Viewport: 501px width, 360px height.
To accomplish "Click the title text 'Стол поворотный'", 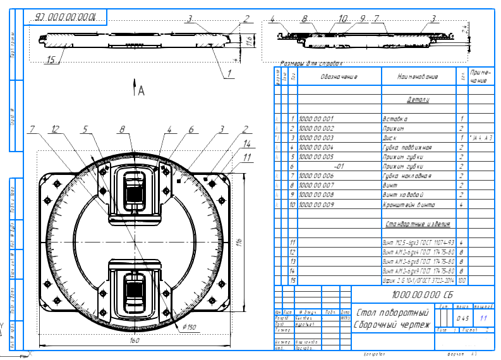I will pos(392,313).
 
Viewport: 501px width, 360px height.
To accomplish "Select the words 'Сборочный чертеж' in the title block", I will pos(392,325).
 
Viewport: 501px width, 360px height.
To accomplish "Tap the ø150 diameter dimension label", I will pos(190,327).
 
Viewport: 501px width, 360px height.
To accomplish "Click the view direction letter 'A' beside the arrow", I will pos(142,91).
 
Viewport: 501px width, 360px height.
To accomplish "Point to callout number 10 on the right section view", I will pos(342,20).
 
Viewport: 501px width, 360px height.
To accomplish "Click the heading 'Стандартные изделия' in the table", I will pos(417,224).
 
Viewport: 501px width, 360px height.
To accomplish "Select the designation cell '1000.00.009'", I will pos(316,205).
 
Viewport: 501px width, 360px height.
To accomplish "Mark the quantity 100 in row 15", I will pos(462,279).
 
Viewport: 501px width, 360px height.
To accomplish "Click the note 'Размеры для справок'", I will pos(311,64).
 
